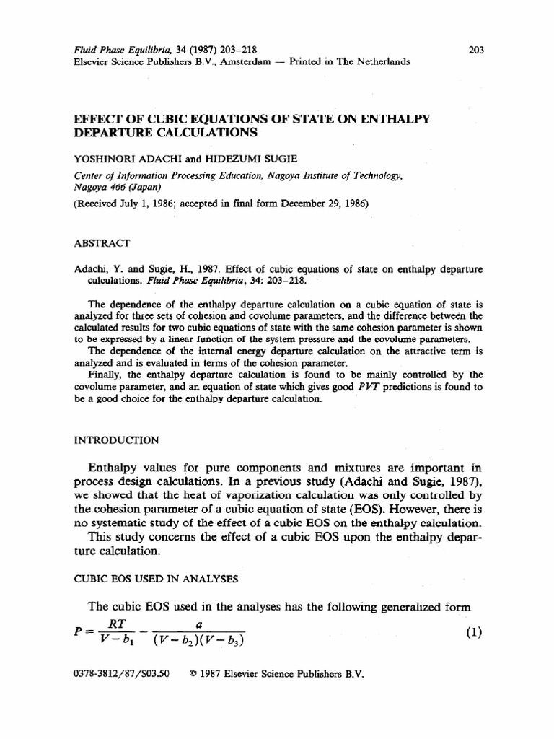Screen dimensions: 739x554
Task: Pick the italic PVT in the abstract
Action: [371, 388]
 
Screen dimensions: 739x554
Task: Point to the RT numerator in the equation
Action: [116, 623]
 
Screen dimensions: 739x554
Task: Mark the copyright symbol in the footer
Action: [193, 676]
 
